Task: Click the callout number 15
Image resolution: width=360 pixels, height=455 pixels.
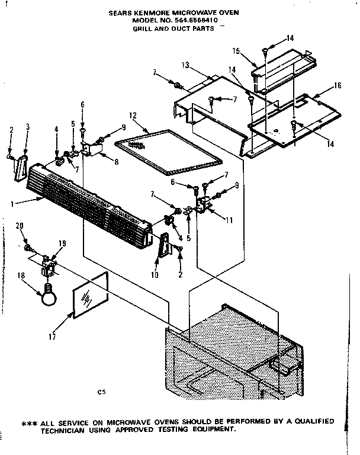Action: click(x=252, y=51)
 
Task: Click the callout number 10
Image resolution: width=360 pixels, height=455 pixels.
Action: click(x=155, y=275)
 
